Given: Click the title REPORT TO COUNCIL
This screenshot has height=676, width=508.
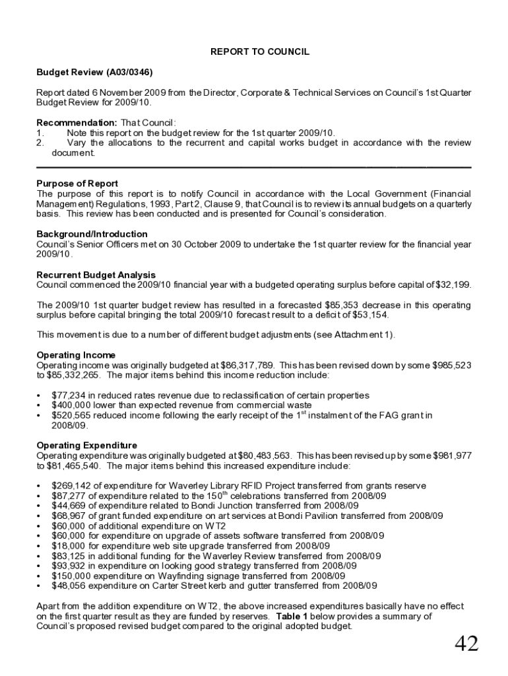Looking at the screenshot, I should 259,51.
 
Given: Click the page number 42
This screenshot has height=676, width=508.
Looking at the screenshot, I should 466,644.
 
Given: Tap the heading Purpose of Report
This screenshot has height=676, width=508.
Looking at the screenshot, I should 77,184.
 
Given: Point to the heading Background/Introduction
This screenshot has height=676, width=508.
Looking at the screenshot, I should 92,234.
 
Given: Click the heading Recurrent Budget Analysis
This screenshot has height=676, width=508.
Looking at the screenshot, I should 96,275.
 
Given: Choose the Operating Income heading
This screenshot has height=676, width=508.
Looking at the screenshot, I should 76,355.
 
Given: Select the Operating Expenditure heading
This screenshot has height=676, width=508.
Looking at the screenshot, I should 86,446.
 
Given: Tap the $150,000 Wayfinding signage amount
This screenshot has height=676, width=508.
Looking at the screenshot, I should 69,576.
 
